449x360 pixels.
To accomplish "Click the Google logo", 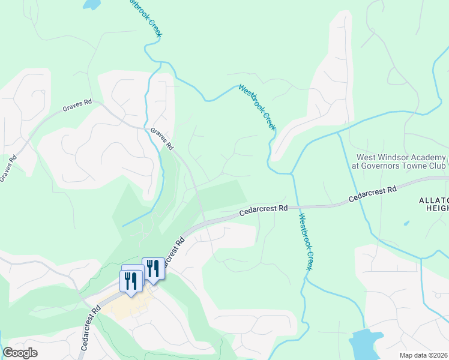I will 20,353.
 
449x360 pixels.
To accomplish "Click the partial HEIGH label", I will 436,208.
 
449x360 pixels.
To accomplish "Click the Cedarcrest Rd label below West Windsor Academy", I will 373,194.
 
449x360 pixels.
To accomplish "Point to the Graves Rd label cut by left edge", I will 8,169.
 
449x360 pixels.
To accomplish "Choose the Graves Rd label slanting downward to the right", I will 161,139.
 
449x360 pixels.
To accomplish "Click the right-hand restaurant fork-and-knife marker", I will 153,269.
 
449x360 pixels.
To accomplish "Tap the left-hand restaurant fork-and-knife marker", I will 131,281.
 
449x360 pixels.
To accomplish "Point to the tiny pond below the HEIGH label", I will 407,223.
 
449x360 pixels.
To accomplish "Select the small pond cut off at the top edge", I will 91,4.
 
